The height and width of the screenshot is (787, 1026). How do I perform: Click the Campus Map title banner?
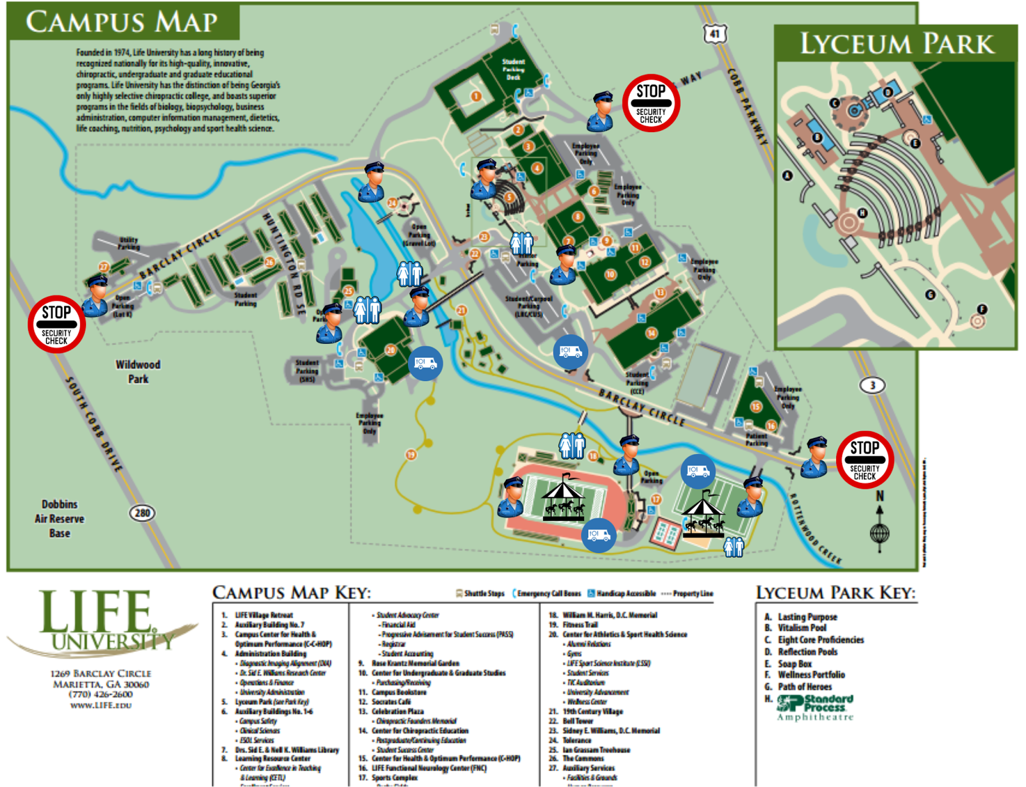click(x=122, y=22)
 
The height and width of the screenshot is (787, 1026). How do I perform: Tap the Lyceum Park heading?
click(x=896, y=44)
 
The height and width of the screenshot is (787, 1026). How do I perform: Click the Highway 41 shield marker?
click(x=715, y=34)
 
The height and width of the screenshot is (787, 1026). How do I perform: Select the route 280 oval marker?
click(x=142, y=512)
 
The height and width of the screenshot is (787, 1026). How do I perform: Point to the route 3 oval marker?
click(x=871, y=385)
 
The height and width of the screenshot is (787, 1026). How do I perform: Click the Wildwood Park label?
click(x=138, y=371)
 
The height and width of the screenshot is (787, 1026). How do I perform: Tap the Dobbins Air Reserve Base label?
click(x=60, y=518)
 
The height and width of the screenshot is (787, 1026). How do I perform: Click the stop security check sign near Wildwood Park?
click(x=56, y=324)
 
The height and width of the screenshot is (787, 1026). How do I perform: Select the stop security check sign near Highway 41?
click(x=651, y=103)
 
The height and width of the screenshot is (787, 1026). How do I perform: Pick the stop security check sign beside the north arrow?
click(x=864, y=460)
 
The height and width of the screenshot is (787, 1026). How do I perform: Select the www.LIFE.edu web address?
click(x=101, y=705)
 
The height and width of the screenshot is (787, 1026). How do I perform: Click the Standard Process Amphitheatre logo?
click(x=816, y=707)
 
